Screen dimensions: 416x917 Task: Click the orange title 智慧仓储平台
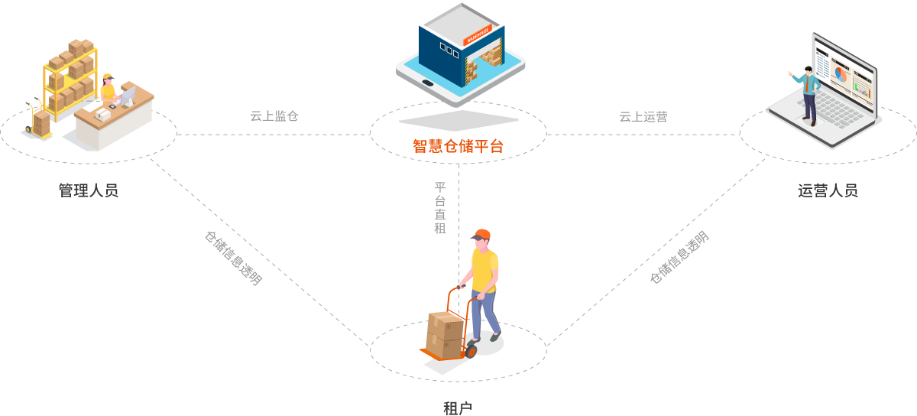458,146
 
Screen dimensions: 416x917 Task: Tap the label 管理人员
89,190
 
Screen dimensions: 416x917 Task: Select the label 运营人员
828,190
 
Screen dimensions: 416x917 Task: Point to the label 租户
458,408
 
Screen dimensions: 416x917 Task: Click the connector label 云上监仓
274,117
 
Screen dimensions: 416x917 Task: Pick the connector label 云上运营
643,117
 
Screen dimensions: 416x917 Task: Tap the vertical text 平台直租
440,207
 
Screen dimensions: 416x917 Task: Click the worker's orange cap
481,235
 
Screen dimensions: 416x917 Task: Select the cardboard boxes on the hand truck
445,333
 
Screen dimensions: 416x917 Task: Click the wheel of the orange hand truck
471,352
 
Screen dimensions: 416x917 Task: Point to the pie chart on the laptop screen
841,74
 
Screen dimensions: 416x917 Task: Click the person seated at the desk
109,89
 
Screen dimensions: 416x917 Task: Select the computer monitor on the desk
128,96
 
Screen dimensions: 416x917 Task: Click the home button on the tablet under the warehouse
429,83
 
